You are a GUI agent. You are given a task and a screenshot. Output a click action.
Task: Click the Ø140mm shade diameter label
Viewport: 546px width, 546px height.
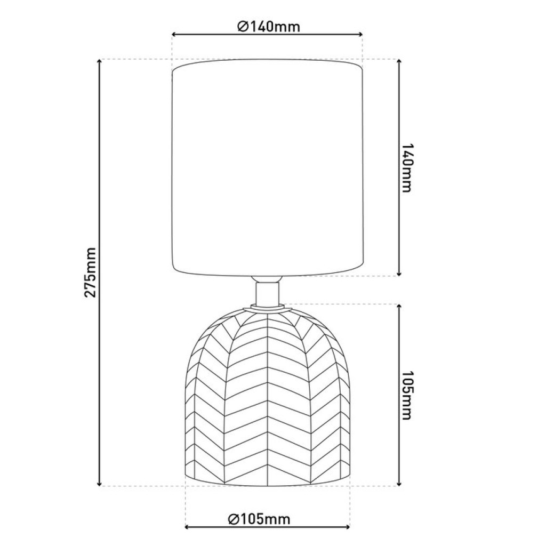tap(269, 26)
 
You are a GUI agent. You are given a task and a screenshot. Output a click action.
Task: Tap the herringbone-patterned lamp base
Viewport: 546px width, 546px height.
tap(267, 400)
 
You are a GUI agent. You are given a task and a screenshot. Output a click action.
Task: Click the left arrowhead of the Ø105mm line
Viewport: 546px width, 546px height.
tap(187, 528)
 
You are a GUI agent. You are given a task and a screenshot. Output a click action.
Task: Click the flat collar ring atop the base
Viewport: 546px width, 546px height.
tap(267, 307)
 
